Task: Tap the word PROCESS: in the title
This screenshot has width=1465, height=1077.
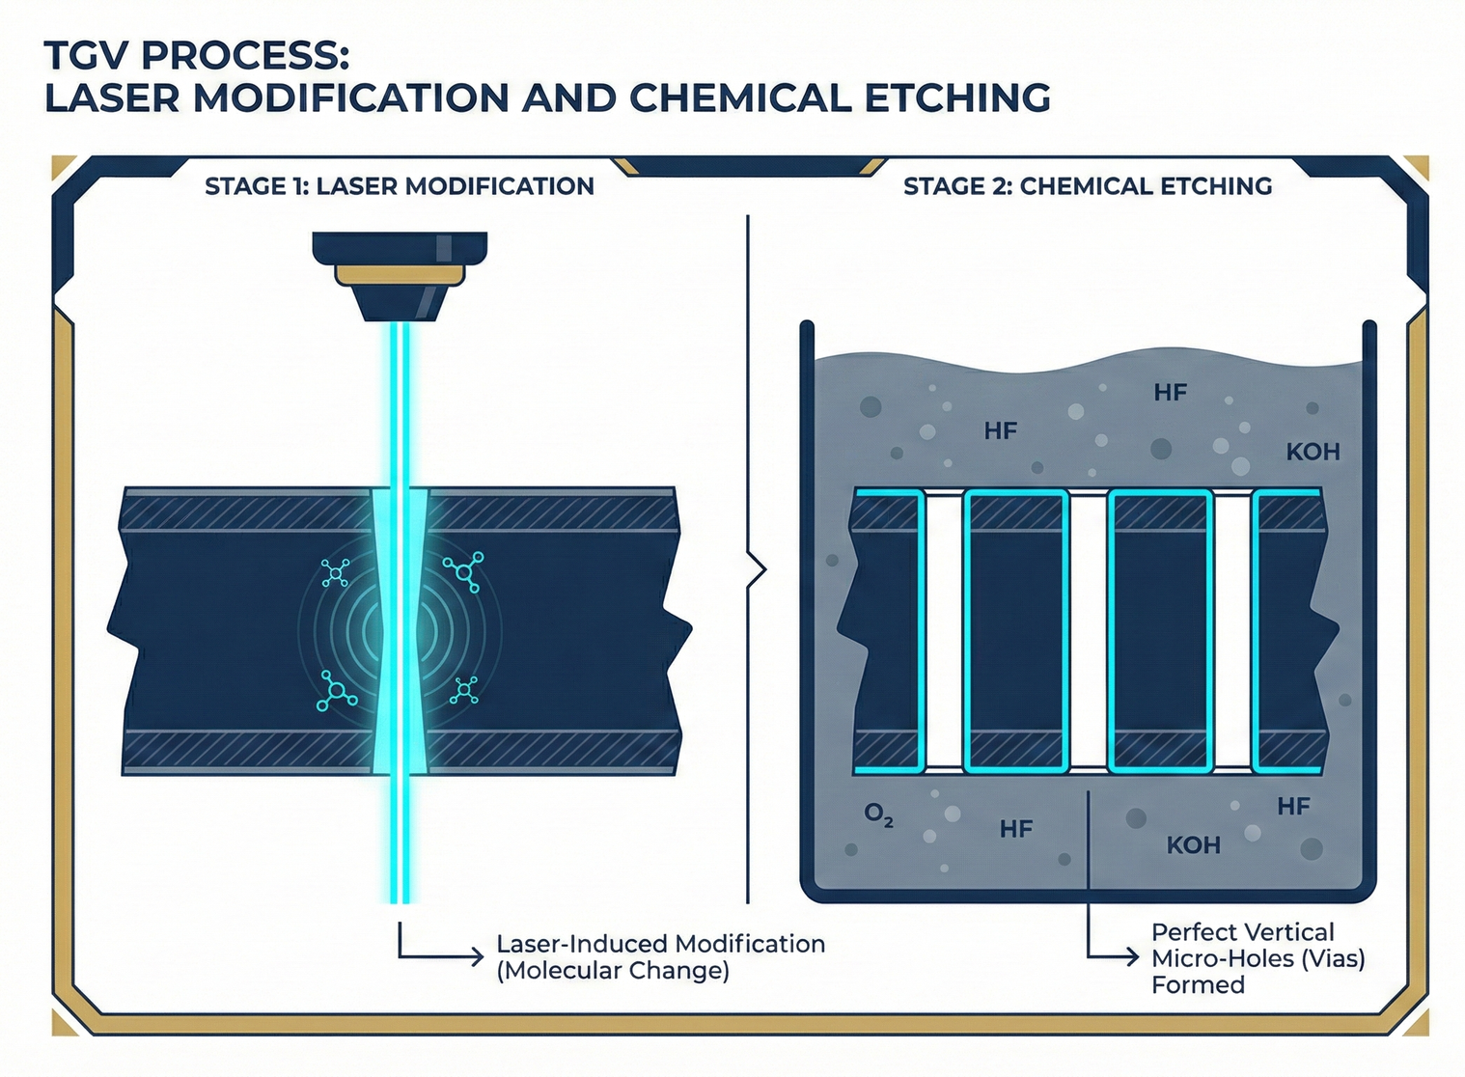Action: click(x=245, y=56)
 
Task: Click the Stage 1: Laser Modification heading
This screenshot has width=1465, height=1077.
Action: click(x=399, y=186)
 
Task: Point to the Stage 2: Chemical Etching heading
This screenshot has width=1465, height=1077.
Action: click(x=1088, y=186)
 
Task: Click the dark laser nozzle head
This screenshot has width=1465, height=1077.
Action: click(x=400, y=249)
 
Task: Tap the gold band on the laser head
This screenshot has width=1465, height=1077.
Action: click(x=400, y=277)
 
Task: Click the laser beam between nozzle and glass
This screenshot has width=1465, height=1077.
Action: click(x=400, y=405)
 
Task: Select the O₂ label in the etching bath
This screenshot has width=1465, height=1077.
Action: click(x=878, y=815)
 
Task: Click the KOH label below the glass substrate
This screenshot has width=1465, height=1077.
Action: click(x=1193, y=845)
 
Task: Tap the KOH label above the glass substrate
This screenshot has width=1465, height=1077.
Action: click(x=1313, y=452)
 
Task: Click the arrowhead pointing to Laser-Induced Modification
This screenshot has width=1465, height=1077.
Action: click(x=477, y=957)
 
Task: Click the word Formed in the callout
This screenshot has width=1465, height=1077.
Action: click(x=1198, y=985)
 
